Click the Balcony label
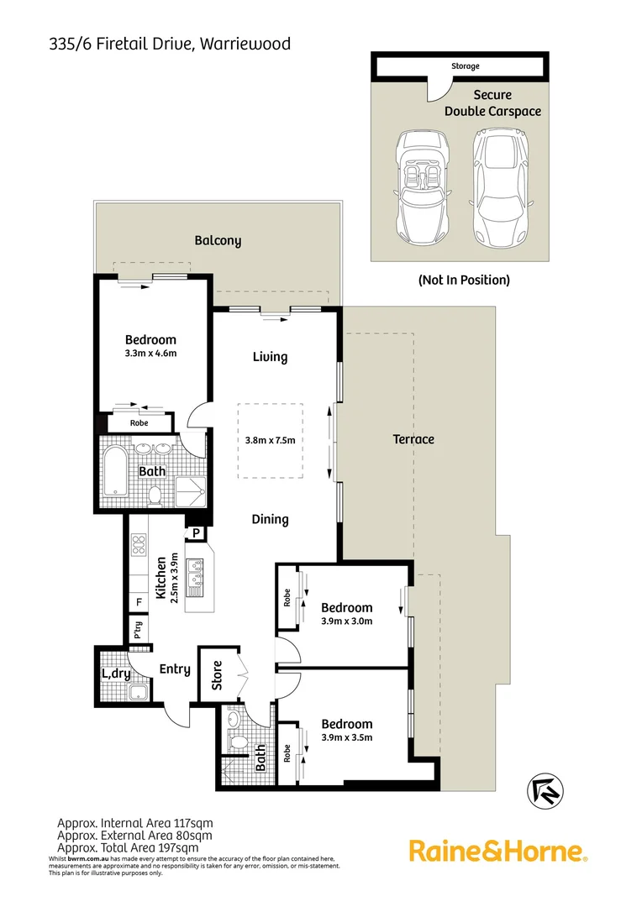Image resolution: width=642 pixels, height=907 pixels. pyautogui.click(x=218, y=241)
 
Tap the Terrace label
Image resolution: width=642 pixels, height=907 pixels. pyautogui.click(x=413, y=439)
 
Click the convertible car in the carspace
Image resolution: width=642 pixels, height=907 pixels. pyautogui.click(x=423, y=186)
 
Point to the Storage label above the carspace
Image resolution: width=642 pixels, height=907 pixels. pyautogui.click(x=465, y=66)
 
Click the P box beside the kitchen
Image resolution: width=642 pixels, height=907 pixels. pyautogui.click(x=196, y=532)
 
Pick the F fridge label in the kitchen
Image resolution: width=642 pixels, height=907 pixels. pyautogui.click(x=139, y=602)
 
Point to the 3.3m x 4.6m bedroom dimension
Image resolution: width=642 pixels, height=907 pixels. pyautogui.click(x=151, y=353)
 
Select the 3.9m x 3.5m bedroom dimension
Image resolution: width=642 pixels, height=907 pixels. pyautogui.click(x=346, y=737)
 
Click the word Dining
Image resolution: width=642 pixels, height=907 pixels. pyautogui.click(x=270, y=520)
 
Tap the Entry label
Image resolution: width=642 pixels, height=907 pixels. pyautogui.click(x=175, y=670)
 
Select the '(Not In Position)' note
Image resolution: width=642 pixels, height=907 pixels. pyautogui.click(x=464, y=280)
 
